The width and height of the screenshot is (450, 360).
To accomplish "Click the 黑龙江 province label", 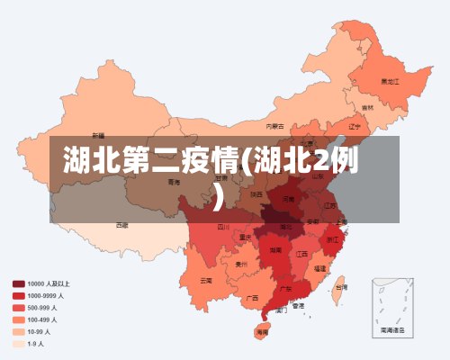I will pos(389,81).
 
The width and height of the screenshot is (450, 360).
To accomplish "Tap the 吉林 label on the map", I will pos(368,108).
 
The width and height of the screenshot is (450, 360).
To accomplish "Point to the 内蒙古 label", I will pos(275,127).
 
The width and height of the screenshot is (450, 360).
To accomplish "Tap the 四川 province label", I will pos(222,228).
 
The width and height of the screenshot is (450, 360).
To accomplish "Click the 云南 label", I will pos(207,280).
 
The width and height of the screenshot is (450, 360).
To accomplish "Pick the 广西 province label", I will pos(253,296).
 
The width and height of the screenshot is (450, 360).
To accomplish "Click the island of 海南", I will pos(262,332).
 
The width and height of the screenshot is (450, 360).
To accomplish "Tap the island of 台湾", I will pos(340,287).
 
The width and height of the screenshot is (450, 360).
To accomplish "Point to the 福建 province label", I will pos(319,268).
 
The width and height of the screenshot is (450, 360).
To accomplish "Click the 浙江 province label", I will pos(333,239).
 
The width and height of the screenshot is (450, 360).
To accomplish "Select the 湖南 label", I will pos(278,250).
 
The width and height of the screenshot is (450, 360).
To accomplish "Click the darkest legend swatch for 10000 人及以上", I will pos(18,283).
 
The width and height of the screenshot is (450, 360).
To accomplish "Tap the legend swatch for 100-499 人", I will pos(18,319).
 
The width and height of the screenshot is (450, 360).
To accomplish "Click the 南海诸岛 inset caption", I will pos(392,330).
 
